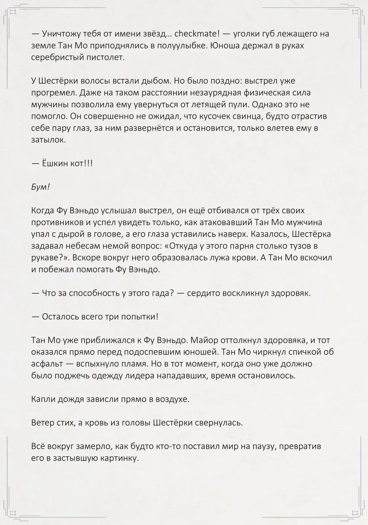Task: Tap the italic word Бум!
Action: coord(40,187)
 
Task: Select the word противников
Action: coord(57,222)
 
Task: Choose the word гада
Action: coord(157,293)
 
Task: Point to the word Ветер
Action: coord(43,423)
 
